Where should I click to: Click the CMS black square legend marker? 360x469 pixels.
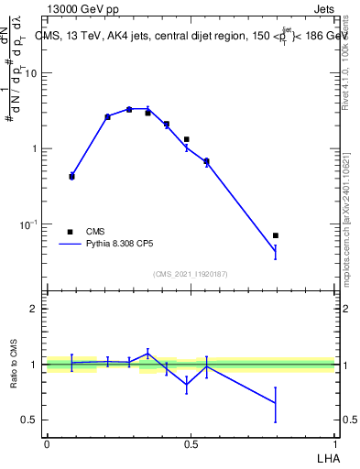71,232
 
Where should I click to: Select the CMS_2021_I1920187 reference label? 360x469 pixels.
190,273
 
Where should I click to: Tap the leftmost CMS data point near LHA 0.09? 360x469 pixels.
71,176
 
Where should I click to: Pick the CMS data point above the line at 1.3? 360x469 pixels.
186,139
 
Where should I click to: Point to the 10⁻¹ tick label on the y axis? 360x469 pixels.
27,224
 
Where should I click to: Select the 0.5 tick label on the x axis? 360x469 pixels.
191,443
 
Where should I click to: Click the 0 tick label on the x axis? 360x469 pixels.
46,443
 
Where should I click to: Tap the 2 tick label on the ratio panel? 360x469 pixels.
34,309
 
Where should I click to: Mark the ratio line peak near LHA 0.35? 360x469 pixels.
147,354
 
